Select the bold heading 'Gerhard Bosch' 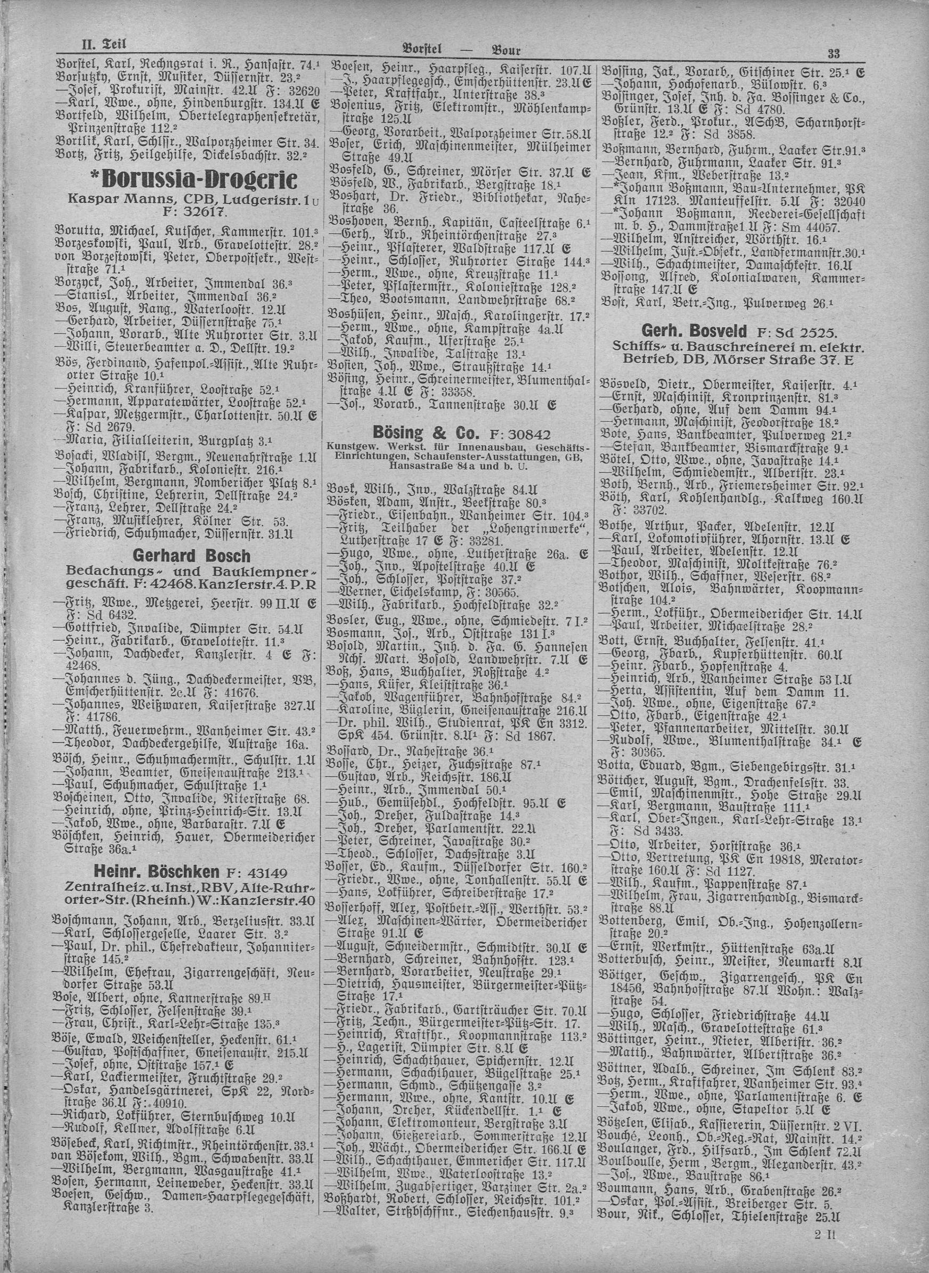coord(191,556)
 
